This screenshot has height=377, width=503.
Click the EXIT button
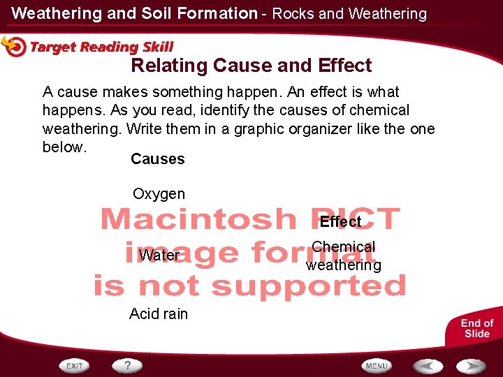(x=75, y=366)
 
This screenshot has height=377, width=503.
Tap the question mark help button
(x=128, y=366)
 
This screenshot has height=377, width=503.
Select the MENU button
(x=377, y=366)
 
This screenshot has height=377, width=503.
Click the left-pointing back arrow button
(x=428, y=366)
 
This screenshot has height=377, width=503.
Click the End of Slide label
(x=477, y=328)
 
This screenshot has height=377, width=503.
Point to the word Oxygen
(x=159, y=194)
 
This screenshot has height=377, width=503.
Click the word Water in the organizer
(x=159, y=256)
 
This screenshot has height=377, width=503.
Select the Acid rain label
(x=159, y=314)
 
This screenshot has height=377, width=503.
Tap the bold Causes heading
(x=158, y=159)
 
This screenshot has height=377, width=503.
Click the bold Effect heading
(x=341, y=222)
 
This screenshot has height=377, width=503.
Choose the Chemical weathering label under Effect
(x=344, y=256)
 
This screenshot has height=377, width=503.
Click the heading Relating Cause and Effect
(x=251, y=66)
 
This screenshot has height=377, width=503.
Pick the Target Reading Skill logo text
(x=102, y=47)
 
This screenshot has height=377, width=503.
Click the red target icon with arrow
(x=14, y=45)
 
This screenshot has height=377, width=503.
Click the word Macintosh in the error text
(x=198, y=219)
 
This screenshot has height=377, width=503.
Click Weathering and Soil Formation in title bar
(x=135, y=13)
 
